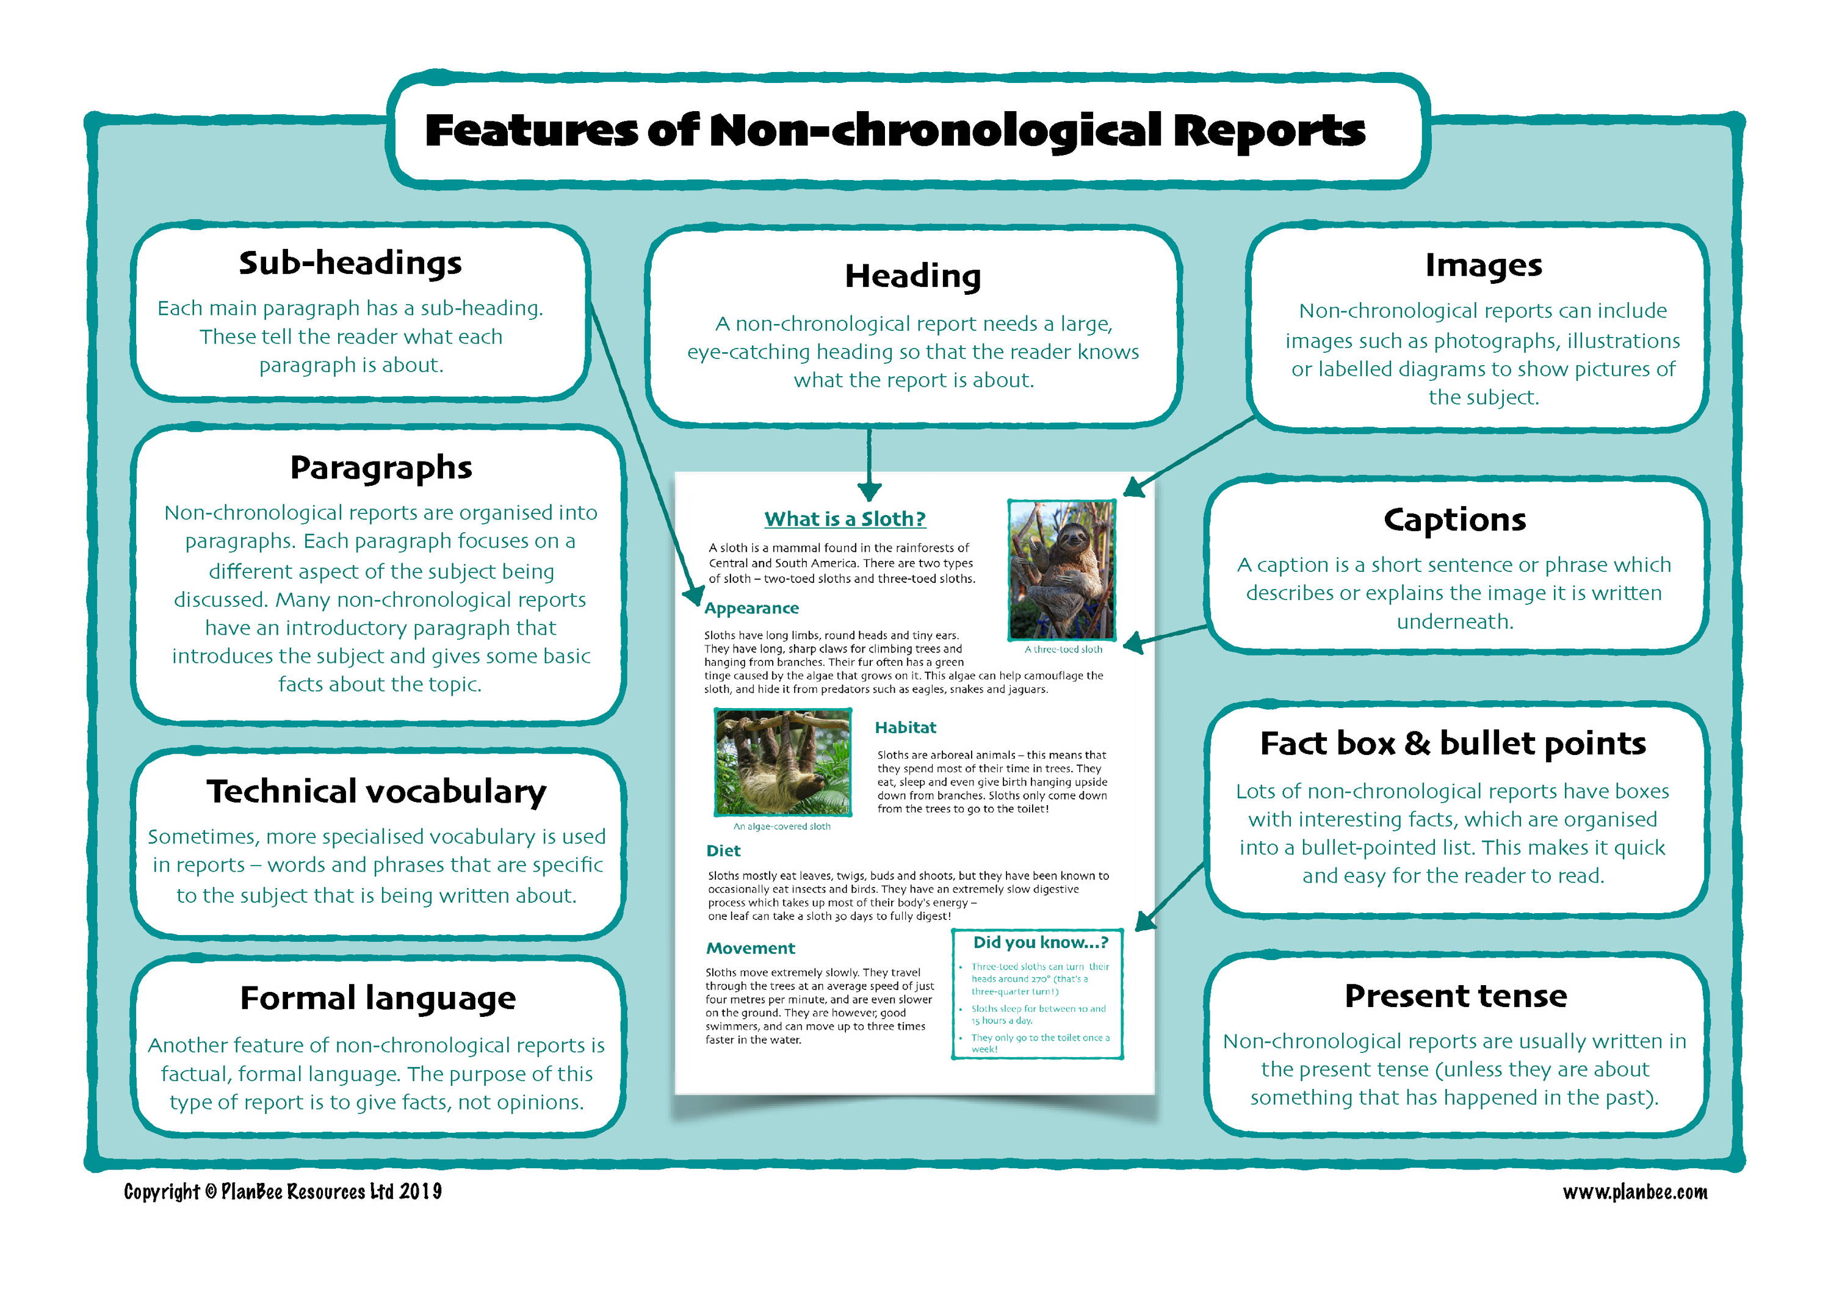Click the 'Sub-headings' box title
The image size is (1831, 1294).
click(x=350, y=263)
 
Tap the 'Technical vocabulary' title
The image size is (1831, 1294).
click(x=377, y=792)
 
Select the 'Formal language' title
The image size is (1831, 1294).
click(x=378, y=998)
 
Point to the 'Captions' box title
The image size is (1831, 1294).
click(x=1454, y=520)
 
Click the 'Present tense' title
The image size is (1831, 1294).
click(x=1456, y=996)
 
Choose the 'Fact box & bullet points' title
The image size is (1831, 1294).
click(x=1453, y=743)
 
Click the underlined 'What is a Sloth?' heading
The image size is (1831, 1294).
click(x=845, y=519)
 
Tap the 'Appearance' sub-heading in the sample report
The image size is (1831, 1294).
click(x=751, y=609)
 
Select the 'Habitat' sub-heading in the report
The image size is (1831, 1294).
click(x=905, y=727)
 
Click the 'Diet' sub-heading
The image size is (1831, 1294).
click(x=723, y=851)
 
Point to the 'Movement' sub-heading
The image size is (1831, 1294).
click(x=751, y=948)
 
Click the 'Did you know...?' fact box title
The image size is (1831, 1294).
click(x=1040, y=942)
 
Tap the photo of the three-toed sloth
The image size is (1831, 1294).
click(x=1061, y=569)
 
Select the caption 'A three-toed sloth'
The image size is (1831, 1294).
click(x=1063, y=650)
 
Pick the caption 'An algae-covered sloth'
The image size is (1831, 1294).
click(x=781, y=827)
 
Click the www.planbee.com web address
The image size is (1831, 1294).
click(x=1635, y=1192)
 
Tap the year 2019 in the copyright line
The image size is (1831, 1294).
click(x=421, y=1192)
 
